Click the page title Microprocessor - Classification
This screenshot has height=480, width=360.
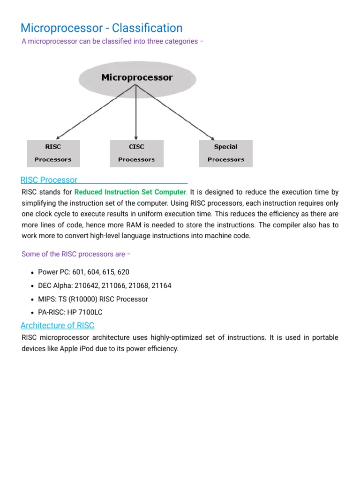coord(101,28)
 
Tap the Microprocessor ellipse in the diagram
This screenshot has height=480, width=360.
coord(137,78)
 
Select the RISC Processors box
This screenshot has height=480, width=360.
coord(53,153)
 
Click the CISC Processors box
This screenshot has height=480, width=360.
coord(136,153)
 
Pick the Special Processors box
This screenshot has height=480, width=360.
coord(225,153)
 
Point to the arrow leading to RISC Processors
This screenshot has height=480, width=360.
coord(94,112)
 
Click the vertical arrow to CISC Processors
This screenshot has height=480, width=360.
coord(136,112)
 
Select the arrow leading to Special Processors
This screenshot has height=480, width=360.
coord(178,112)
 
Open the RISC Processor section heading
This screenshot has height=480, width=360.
coord(49,180)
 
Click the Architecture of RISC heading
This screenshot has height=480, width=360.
coord(57,325)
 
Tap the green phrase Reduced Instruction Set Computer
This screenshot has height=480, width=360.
coord(130,192)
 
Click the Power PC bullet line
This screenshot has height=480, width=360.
coord(83,272)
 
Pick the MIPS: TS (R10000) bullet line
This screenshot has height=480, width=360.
coord(93,299)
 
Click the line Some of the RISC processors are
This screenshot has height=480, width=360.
coord(76,254)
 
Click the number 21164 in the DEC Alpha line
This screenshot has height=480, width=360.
coord(161,285)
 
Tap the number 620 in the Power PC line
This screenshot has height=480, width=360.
coord(123,272)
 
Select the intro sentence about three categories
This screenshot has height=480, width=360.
coord(112,41)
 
